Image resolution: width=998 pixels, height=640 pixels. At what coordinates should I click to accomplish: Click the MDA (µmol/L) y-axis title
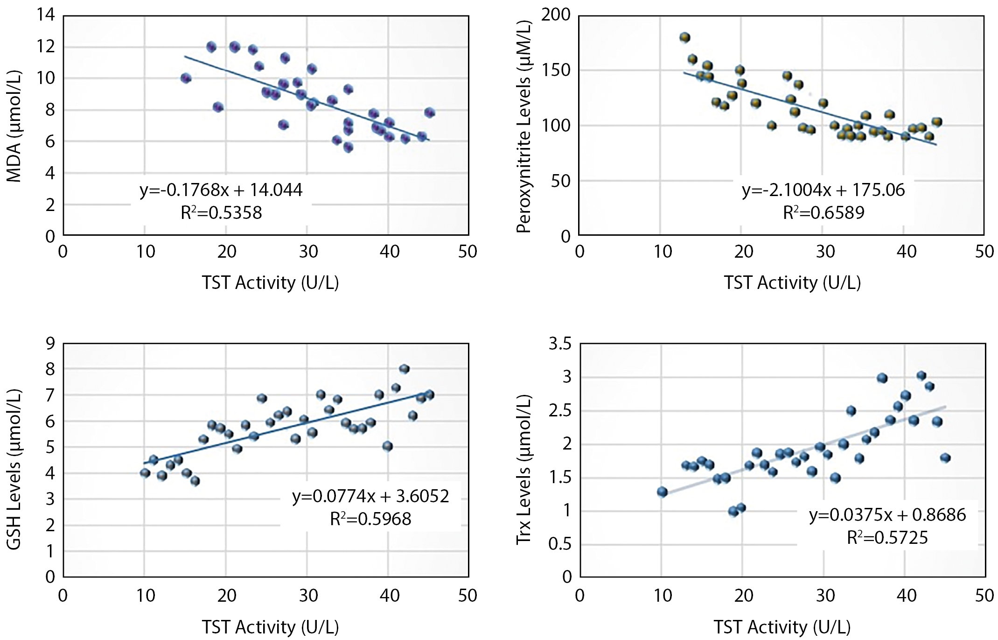point(14,127)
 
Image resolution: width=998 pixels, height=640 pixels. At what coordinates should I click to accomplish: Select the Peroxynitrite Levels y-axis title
point(524,127)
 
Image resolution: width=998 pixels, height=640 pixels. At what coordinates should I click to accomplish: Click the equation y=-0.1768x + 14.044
point(221,190)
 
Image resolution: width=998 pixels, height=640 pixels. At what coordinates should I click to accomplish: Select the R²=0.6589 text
point(824,212)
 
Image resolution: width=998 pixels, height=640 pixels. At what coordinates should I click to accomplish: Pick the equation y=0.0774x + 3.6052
point(371,496)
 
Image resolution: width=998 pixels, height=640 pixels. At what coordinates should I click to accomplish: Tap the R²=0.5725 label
point(887,538)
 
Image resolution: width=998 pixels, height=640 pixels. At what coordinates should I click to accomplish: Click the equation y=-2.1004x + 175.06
point(824,190)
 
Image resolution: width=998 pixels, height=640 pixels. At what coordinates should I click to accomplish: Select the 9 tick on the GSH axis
point(50,344)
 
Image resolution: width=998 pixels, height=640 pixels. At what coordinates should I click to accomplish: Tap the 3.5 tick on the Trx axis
point(560,344)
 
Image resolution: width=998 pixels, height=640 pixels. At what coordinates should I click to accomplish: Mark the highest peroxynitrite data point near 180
point(685,38)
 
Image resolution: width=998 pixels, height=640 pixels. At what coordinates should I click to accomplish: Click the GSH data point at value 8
point(404,369)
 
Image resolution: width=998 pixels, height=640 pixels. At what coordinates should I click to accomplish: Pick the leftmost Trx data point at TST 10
point(662,492)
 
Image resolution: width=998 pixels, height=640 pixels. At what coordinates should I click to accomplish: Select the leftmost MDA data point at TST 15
point(186,78)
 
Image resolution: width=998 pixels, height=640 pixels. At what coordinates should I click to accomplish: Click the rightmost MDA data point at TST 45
point(430,113)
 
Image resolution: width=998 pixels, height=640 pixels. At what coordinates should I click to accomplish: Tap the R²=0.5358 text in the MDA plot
point(221,212)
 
